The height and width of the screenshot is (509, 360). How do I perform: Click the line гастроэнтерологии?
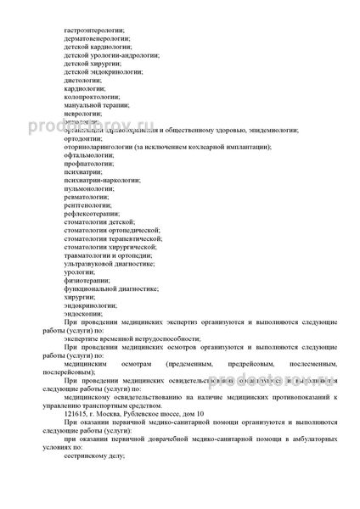[93, 31]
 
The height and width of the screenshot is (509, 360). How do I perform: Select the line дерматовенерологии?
[94, 40]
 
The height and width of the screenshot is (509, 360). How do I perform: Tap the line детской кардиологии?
[94, 48]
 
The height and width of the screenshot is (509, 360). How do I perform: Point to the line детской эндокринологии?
[98, 72]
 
